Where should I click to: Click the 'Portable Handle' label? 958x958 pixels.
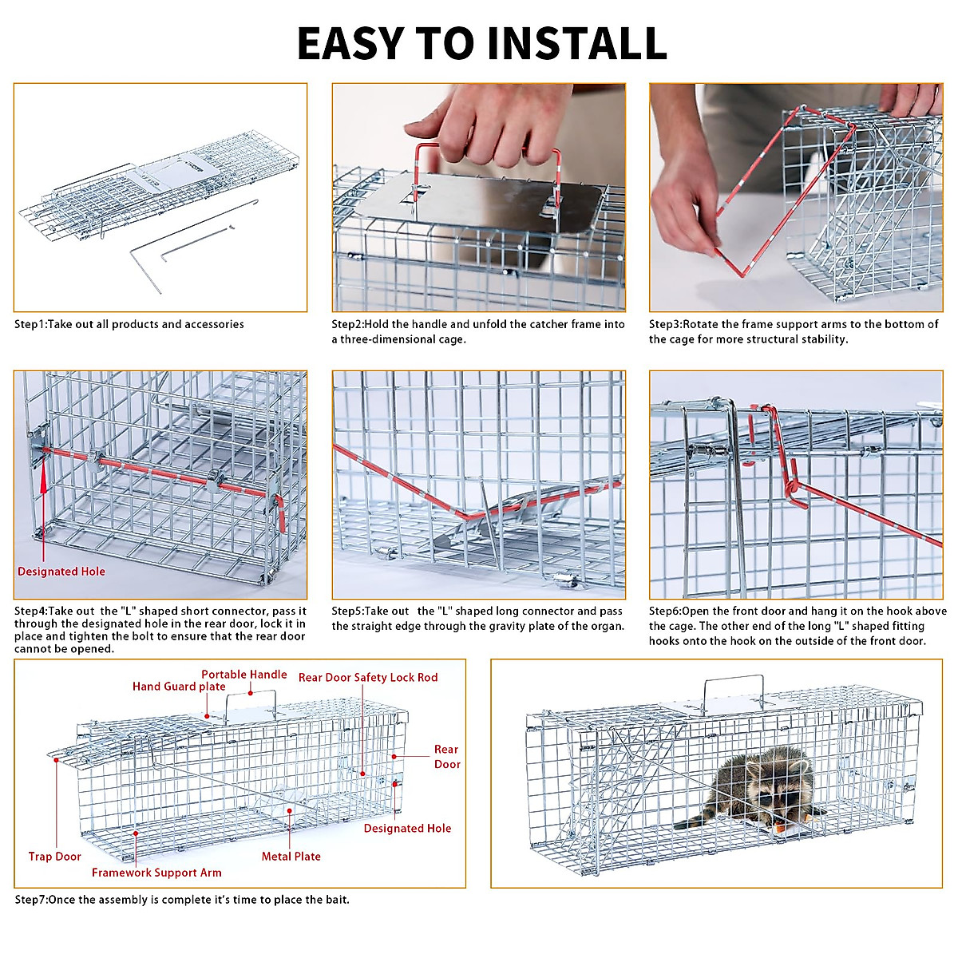243,675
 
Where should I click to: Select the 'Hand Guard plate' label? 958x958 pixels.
179,687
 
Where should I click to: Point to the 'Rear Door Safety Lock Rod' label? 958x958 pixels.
368,678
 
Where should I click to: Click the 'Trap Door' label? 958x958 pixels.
55,857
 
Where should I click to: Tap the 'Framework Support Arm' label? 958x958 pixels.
156,873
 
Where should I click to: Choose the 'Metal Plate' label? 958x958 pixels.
291,857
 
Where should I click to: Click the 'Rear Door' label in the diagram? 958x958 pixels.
447,757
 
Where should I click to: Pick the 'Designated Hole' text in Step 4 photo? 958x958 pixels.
61,572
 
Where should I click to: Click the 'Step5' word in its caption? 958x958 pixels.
347,612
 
